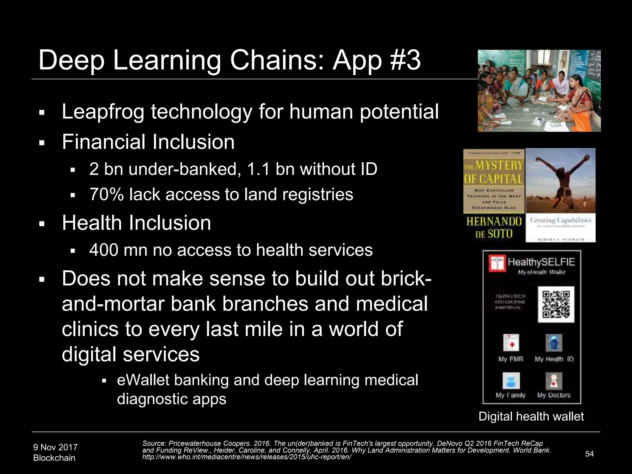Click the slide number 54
[x=589, y=454]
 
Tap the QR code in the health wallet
[x=556, y=304]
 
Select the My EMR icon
[x=511, y=343]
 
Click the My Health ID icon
[x=554, y=343]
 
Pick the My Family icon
[x=511, y=380]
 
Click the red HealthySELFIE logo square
[x=497, y=263]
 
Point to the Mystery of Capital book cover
[x=494, y=195]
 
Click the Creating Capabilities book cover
[x=560, y=195]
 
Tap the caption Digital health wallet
[x=531, y=416]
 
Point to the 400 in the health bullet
[x=104, y=250]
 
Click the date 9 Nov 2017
[x=56, y=447]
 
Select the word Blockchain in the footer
[x=54, y=458]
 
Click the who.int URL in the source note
[x=247, y=457]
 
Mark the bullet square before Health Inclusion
[x=42, y=224]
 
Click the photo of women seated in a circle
[x=539, y=91]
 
